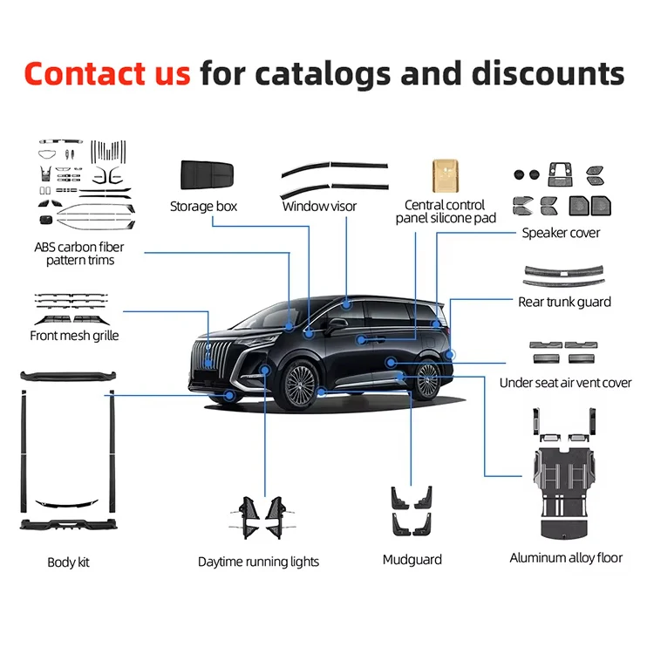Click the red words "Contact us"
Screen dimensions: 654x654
(x=107, y=73)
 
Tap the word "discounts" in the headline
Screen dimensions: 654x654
(x=548, y=73)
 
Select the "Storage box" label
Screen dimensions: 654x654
(x=203, y=207)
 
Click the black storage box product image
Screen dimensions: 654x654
(x=207, y=174)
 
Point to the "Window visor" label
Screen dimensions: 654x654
(x=319, y=206)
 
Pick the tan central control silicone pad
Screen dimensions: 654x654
(x=445, y=175)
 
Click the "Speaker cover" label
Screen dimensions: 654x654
(x=561, y=233)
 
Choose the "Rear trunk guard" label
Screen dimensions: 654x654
(x=564, y=302)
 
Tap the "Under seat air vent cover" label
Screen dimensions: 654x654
(x=566, y=383)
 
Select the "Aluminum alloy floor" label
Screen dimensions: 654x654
(x=566, y=558)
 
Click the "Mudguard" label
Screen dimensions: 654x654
(x=412, y=560)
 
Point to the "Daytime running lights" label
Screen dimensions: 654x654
(x=258, y=562)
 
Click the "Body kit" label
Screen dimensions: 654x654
(x=68, y=562)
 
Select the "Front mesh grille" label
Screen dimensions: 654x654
(x=74, y=336)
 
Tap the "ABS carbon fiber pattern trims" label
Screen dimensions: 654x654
(x=79, y=254)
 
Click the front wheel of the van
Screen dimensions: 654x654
(x=300, y=385)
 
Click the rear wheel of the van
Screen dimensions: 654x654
(x=427, y=380)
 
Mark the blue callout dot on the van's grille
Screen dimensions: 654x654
(x=208, y=363)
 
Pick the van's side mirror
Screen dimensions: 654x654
(x=337, y=324)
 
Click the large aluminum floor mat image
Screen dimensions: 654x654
(x=564, y=493)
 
